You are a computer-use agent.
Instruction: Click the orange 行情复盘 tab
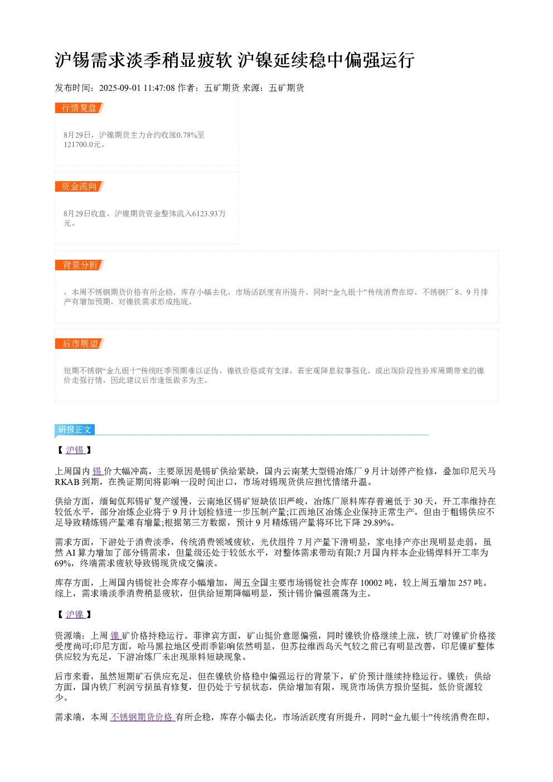tap(79, 108)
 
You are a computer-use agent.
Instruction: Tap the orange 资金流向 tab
tap(79, 186)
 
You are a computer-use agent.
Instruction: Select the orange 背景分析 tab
tap(79, 265)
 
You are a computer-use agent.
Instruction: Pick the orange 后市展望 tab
tap(79, 343)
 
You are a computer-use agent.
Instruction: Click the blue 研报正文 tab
tap(75, 430)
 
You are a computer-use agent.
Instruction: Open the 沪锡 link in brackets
tap(75, 450)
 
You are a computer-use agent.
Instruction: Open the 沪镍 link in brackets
tap(75, 614)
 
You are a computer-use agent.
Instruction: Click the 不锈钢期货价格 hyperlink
tap(142, 717)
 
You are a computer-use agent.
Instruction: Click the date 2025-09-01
tap(120, 88)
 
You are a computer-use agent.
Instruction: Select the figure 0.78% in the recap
tap(187, 135)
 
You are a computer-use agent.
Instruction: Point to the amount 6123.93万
tap(209, 213)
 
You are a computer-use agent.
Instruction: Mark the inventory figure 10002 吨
tap(376, 582)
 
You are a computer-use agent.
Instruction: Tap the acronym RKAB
tap(67, 482)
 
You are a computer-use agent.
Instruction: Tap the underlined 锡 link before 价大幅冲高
tap(98, 472)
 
